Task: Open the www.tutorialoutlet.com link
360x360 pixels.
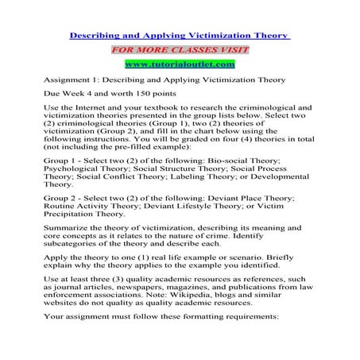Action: click(x=180, y=64)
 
